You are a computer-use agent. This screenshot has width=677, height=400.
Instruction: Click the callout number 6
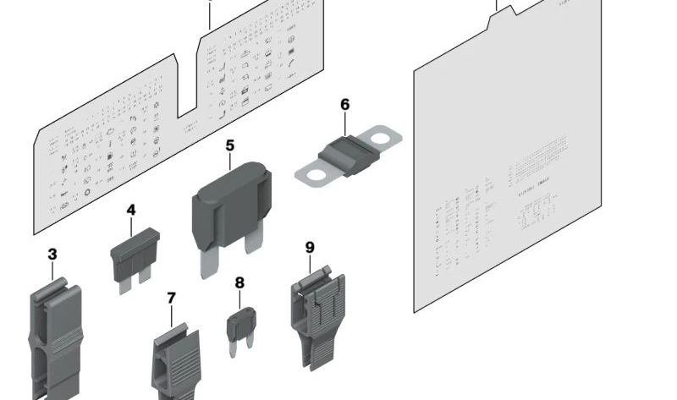coord(344,105)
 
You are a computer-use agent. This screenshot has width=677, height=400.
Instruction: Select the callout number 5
coord(229,146)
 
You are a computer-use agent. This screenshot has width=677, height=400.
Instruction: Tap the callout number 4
coord(131,209)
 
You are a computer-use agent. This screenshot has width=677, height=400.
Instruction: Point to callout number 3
coord(52,254)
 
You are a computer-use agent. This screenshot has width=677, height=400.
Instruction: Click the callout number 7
coord(172,298)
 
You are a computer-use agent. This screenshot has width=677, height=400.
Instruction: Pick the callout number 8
coord(239,283)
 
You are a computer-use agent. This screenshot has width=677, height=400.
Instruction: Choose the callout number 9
coord(310,247)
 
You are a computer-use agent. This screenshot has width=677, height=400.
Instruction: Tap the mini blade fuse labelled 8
coord(240,323)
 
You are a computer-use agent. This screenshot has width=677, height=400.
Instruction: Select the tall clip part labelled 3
coord(56,338)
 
